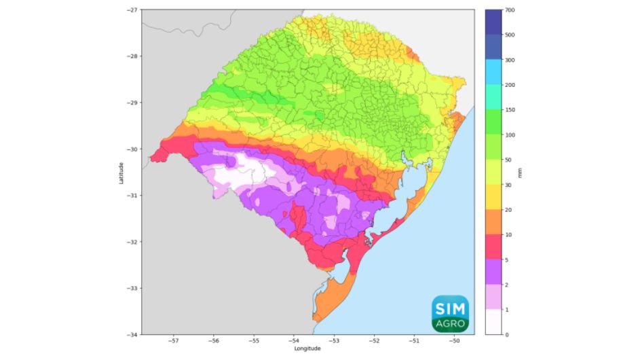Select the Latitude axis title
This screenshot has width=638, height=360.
[120, 172]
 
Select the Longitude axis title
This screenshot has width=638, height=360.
[307, 348]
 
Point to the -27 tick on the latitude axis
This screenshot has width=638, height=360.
[132, 10]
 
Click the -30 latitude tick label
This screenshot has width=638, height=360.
[132, 149]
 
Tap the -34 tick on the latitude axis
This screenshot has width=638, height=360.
[132, 334]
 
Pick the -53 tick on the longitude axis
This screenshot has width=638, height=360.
[334, 341]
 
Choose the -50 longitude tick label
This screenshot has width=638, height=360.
[454, 341]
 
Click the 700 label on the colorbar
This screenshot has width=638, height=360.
[510, 10]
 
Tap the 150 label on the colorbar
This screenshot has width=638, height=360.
[510, 110]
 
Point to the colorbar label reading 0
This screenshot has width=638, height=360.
[508, 334]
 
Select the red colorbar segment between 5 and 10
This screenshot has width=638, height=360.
[493, 247]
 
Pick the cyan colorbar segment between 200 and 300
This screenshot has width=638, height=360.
[493, 73]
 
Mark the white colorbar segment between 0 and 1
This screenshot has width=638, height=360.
[493, 322]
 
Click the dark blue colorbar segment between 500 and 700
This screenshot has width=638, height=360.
[493, 22]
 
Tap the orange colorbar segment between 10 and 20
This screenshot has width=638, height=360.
[493, 222]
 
